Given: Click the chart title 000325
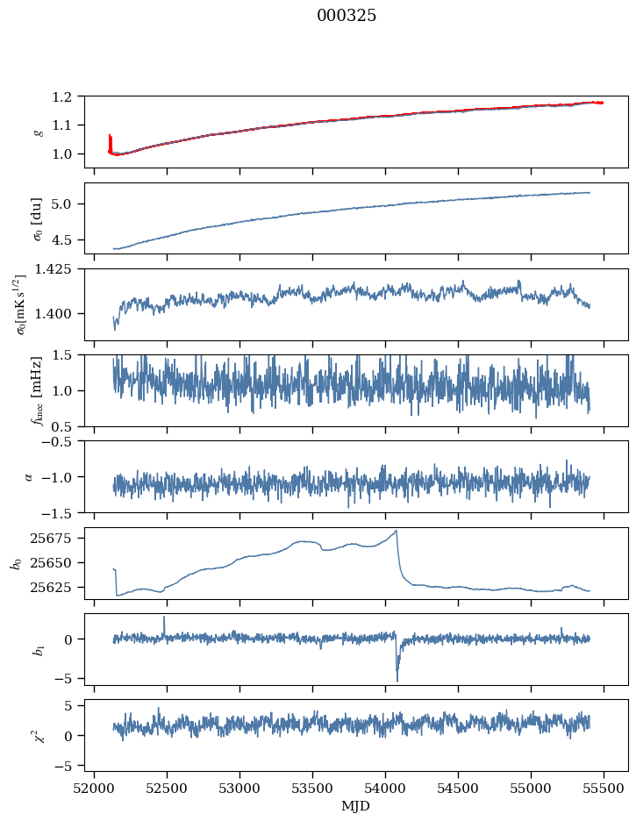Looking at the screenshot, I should (347, 16).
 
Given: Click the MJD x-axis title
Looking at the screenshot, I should (356, 805).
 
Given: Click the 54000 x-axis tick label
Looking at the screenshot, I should (386, 787).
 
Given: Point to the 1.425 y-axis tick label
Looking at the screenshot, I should (61, 269).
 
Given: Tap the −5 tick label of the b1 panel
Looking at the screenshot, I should (70, 679).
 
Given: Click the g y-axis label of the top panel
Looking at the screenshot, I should (37, 130).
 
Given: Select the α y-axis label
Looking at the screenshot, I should (29, 476).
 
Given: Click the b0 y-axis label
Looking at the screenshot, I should (17, 562).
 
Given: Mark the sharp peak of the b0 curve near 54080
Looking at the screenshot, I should (397, 531).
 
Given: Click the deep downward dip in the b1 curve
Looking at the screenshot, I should (397, 680).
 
